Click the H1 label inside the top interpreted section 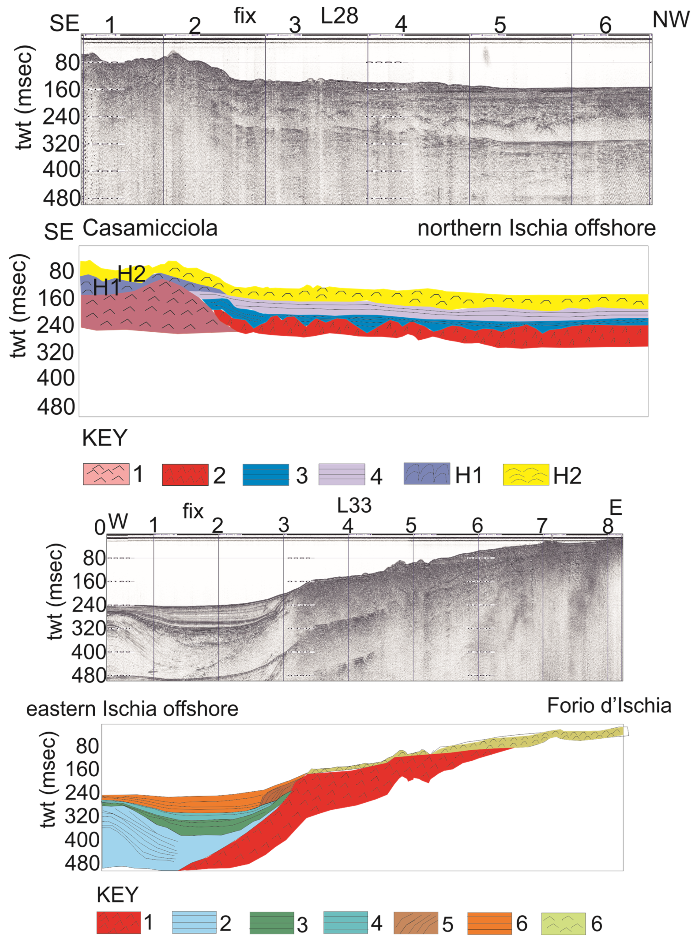coord(106,288)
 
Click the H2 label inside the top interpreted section coord(132,274)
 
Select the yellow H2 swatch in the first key coord(526,474)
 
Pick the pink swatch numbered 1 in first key coord(106,474)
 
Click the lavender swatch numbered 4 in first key coord(342,474)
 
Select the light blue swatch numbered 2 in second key coord(194,923)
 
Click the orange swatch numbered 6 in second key coord(489,923)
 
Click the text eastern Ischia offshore coord(132,709)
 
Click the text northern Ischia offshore coord(536,228)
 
